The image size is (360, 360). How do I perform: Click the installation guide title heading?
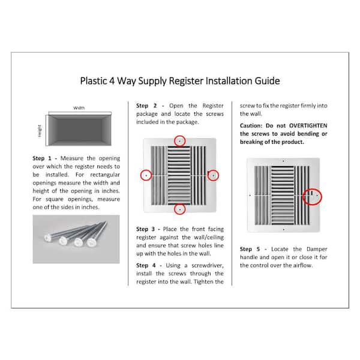180,80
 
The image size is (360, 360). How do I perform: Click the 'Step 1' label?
41,158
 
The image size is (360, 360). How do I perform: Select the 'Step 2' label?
146,105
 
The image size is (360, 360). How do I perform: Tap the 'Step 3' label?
146,229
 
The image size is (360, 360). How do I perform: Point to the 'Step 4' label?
146,265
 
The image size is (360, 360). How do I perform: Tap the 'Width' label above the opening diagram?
79,108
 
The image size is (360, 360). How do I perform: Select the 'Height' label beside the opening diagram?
40,130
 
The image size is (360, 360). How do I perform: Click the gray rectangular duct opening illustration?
79,130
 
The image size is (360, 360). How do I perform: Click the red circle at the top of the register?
180,140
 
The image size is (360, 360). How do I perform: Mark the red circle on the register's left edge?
146,175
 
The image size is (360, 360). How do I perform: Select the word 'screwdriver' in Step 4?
197,265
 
